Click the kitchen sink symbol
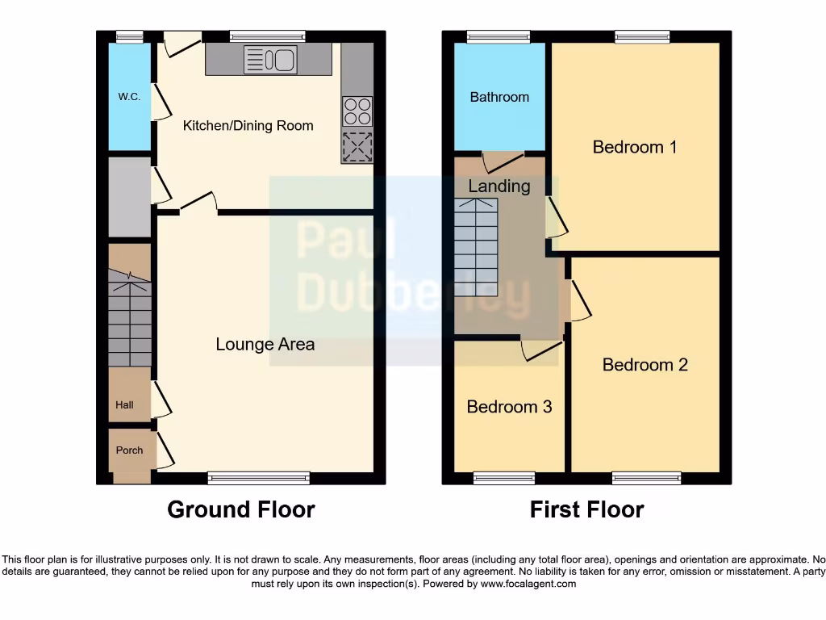[270, 60]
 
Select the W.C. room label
[129, 97]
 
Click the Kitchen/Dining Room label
[248, 125]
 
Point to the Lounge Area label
[265, 345]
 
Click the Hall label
[124, 405]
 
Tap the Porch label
[129, 450]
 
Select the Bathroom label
[499, 97]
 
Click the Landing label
[499, 186]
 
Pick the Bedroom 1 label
[634, 147]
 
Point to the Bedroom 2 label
[645, 365]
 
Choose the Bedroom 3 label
[509, 407]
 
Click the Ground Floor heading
[240, 510]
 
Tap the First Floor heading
[586, 510]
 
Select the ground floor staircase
[130, 323]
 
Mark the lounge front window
[258, 478]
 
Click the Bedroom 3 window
[503, 478]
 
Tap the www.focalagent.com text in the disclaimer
[528, 584]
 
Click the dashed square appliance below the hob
[357, 147]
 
